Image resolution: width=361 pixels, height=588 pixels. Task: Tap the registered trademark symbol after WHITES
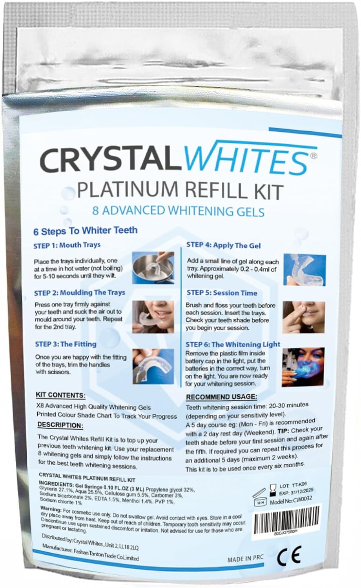(314, 156)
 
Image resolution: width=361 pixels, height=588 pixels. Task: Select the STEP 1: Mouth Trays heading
(67, 245)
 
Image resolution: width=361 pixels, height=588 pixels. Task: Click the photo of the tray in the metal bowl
(153, 268)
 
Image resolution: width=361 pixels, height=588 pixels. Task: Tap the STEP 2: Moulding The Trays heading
(80, 293)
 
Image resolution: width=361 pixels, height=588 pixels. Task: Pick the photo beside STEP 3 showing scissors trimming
(153, 366)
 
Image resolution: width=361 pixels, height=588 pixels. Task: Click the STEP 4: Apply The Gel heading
(224, 245)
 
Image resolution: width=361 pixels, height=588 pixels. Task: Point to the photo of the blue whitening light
(303, 367)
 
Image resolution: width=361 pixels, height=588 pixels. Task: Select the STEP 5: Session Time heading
(222, 293)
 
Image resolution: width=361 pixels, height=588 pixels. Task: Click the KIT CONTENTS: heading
(61, 395)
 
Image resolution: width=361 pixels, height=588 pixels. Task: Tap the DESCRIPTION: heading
(60, 425)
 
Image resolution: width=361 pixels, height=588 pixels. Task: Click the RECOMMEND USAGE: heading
(222, 397)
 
